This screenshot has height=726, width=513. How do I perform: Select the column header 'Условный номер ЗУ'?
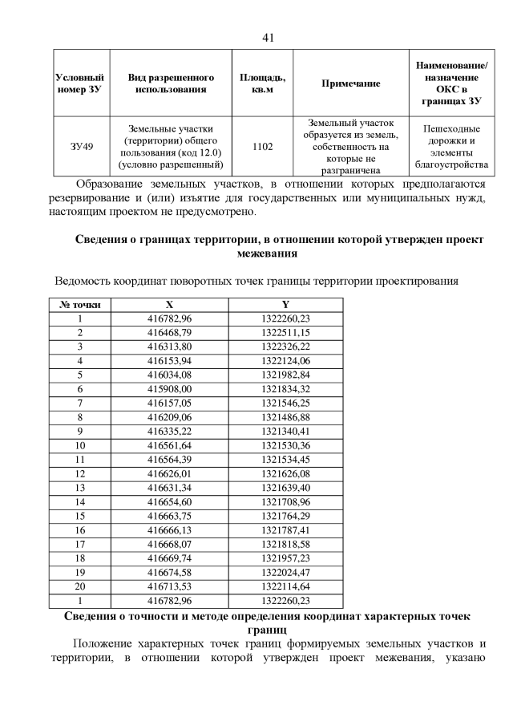pyautogui.click(x=79, y=83)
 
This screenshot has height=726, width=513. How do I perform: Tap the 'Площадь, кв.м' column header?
pyautogui.click(x=262, y=83)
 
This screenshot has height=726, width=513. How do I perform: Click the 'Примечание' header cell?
pyautogui.click(x=350, y=83)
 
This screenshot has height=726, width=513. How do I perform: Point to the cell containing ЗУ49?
pyautogui.click(x=79, y=147)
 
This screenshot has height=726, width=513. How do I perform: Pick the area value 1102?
pyautogui.click(x=262, y=147)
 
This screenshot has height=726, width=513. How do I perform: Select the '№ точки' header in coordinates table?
pyautogui.click(x=80, y=305)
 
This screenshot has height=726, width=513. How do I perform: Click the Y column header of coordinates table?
pyautogui.click(x=285, y=305)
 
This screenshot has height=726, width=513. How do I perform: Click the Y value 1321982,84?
pyautogui.click(x=285, y=375)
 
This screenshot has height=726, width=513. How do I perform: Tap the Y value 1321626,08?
pyautogui.click(x=285, y=473)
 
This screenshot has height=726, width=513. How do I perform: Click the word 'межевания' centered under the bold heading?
pyautogui.click(x=268, y=253)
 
